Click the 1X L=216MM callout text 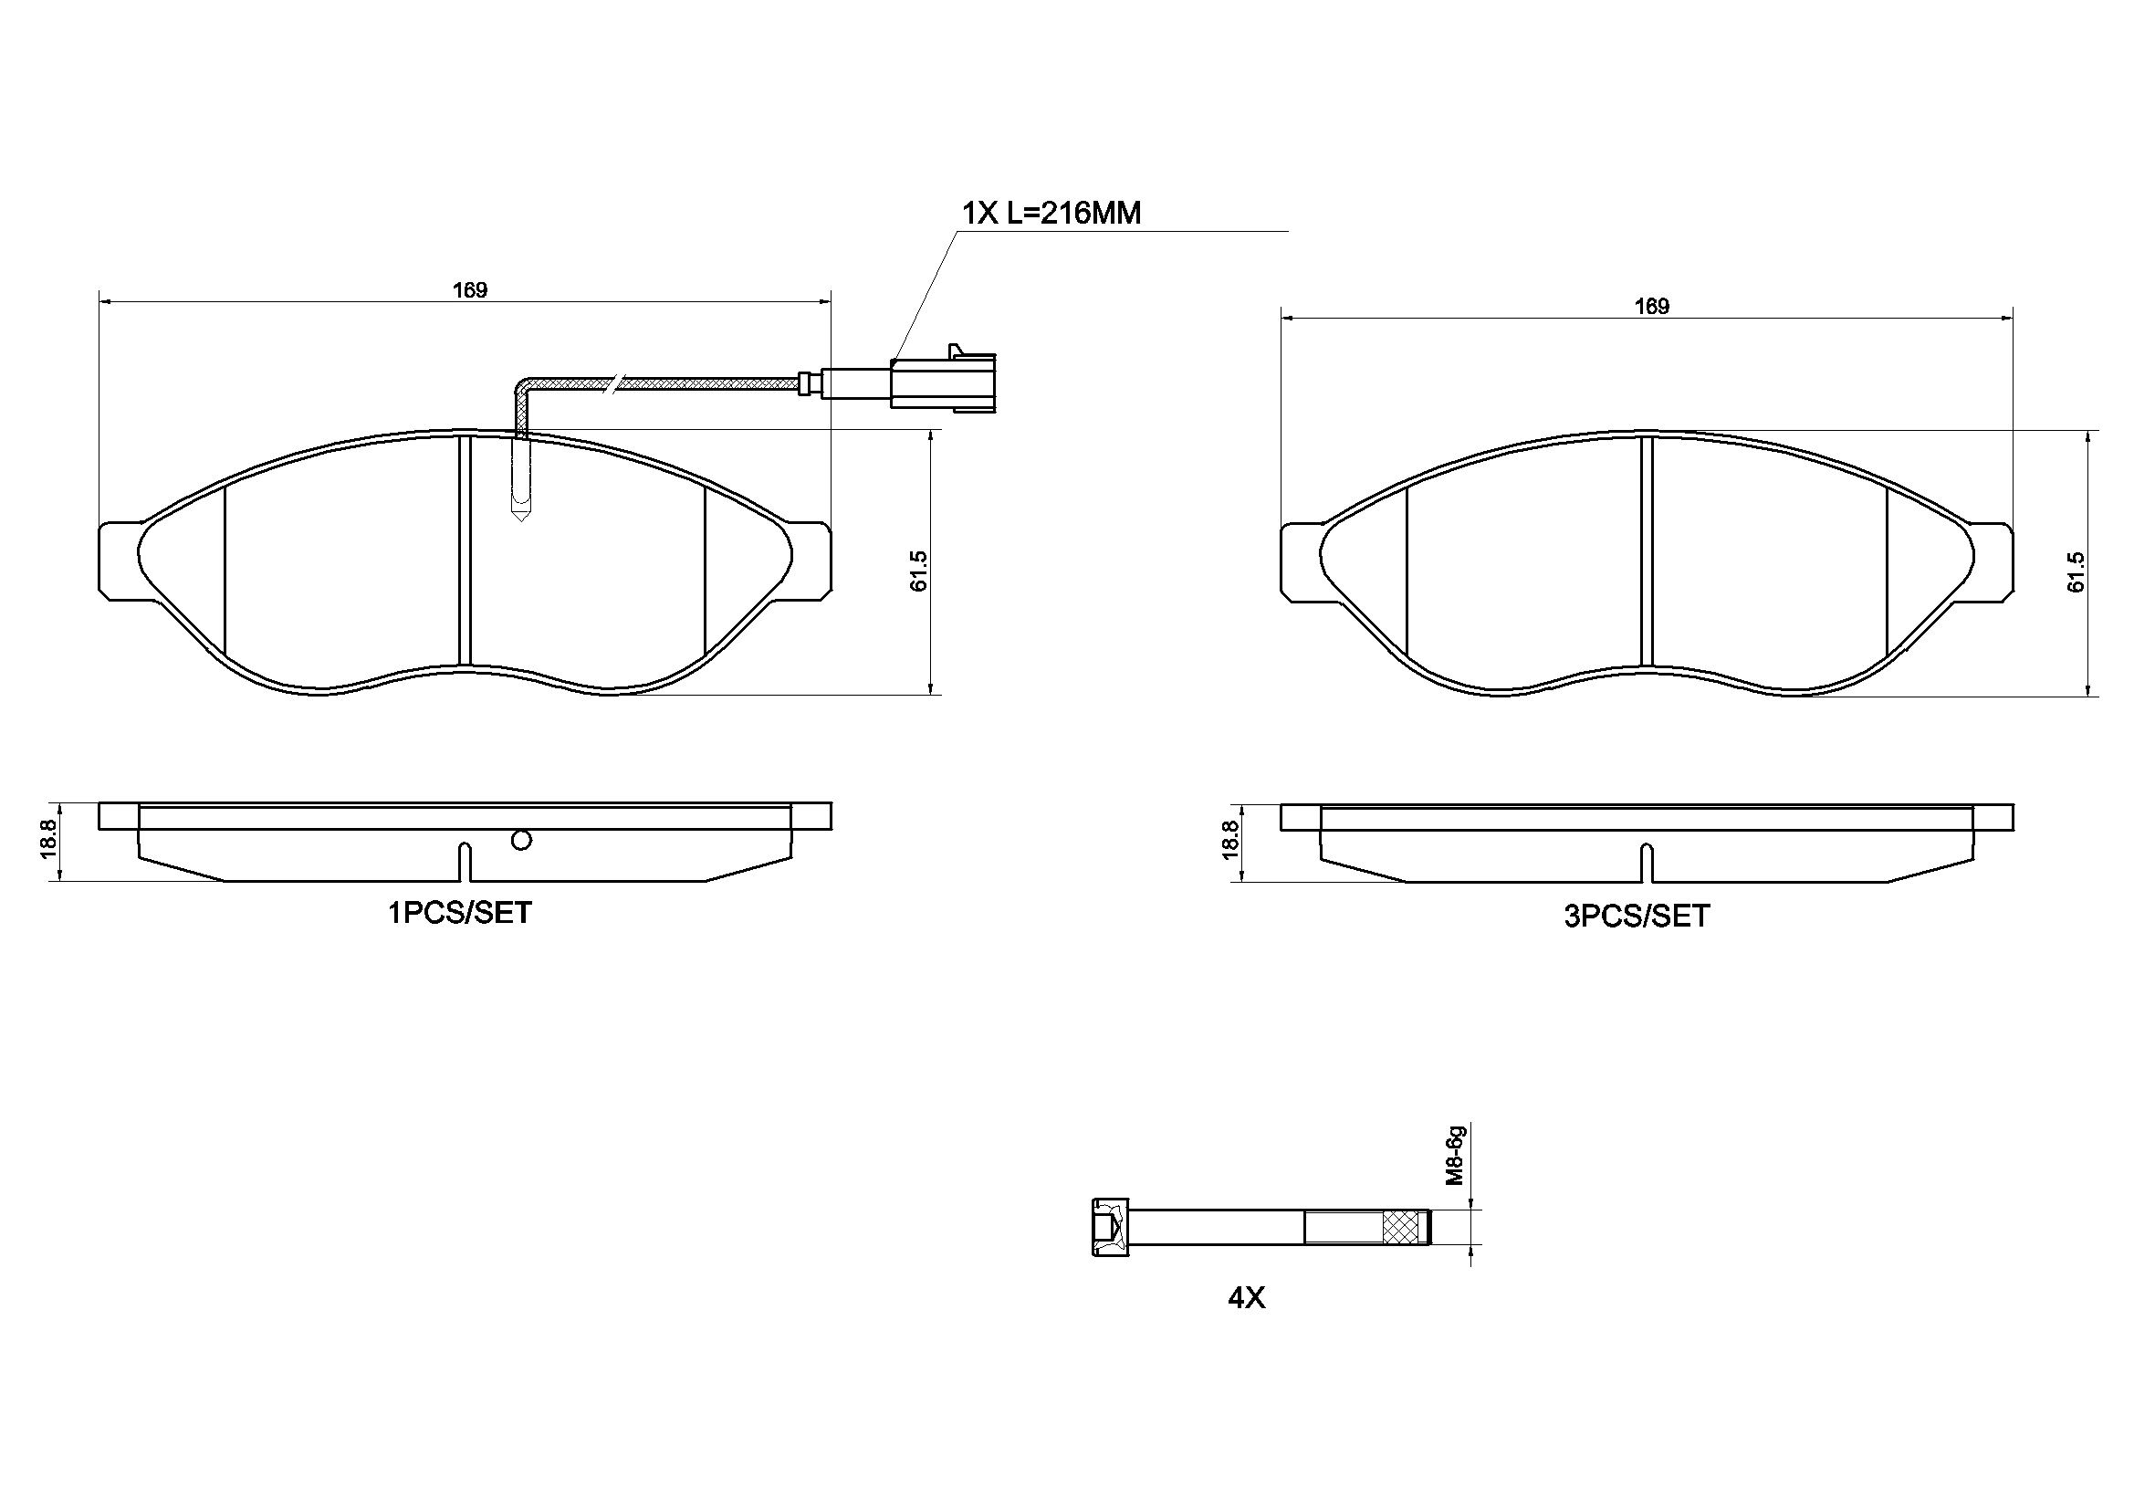[1051, 214]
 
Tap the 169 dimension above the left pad [469, 290]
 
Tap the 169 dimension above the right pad [1652, 306]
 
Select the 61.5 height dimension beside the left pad [918, 571]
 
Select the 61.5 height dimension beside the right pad [2076, 571]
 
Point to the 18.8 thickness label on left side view [49, 839]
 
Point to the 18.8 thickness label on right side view [1231, 840]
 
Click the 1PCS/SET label [459, 913]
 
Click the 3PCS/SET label [1637, 917]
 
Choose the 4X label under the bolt [1247, 1298]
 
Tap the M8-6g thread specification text [1455, 1156]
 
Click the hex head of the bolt [1110, 1227]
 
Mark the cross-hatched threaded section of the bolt [1405, 1227]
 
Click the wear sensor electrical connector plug [943, 382]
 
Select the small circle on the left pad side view [521, 841]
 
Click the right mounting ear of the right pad [1993, 561]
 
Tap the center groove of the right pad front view [1646, 551]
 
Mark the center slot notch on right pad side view [1646, 863]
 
